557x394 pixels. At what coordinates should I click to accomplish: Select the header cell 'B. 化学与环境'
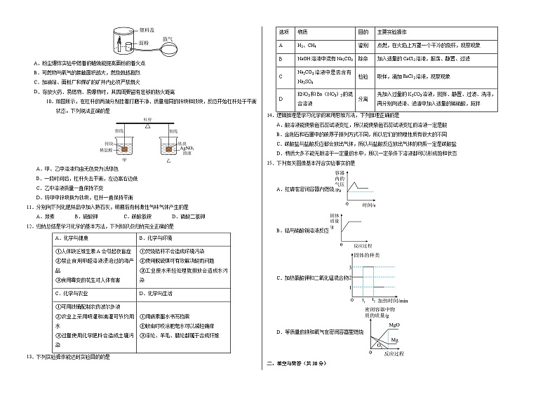click(x=160, y=238)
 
